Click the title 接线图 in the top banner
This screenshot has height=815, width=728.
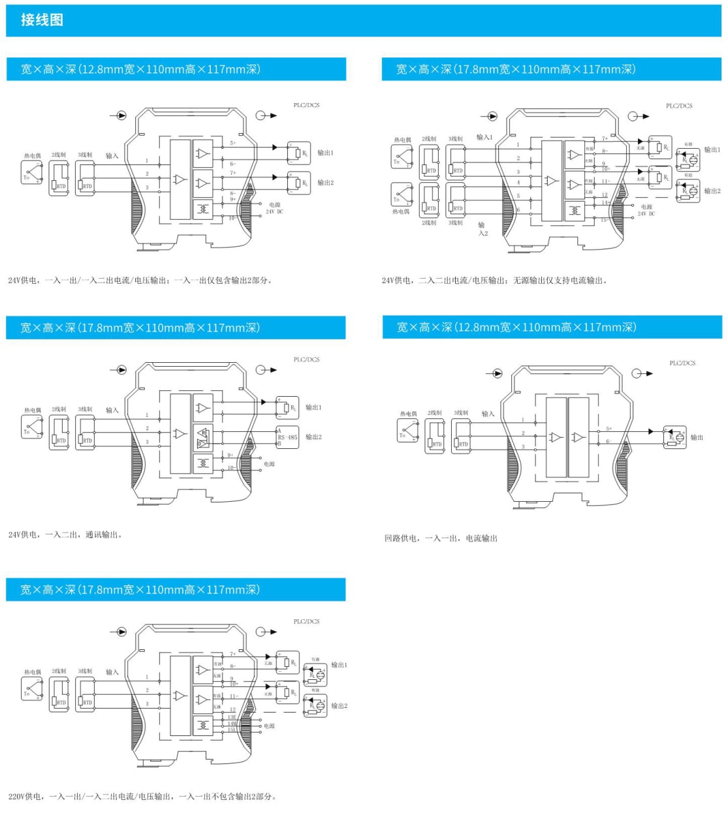click(42, 20)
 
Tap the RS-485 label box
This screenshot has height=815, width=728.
click(287, 437)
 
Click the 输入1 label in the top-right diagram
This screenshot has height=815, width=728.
click(484, 137)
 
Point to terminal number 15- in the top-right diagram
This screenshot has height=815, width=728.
click(604, 220)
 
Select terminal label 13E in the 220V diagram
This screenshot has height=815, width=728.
click(232, 717)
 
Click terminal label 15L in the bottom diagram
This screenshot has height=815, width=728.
click(232, 730)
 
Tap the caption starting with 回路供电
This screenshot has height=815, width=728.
click(441, 538)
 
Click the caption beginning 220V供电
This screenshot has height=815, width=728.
click(142, 796)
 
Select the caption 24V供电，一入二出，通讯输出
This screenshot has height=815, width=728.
click(65, 534)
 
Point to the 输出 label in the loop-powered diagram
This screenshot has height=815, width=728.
click(697, 437)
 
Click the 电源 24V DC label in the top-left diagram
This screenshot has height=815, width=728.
click(274, 208)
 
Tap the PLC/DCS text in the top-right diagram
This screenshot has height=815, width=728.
click(679, 106)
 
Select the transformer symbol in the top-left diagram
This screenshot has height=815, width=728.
click(203, 209)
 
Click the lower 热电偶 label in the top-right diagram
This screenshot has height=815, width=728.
click(401, 211)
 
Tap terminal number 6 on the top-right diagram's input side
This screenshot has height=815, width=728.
click(518, 209)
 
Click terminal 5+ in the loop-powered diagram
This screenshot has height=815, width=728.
click(609, 429)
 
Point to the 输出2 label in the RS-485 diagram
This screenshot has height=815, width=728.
click(313, 437)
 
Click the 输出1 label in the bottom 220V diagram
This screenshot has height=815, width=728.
click(339, 665)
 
